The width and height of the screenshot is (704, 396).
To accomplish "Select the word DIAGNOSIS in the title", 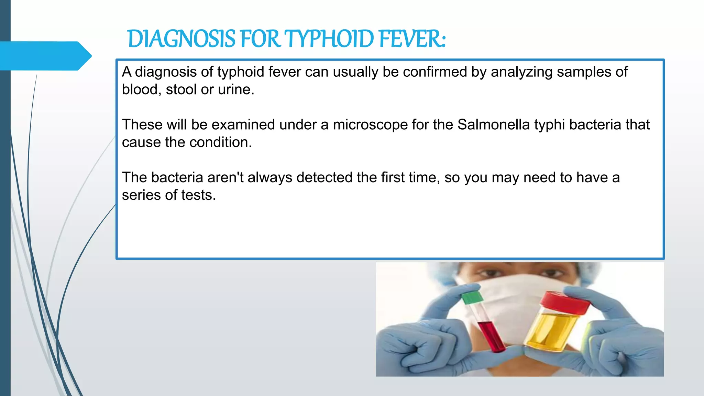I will coord(181,39).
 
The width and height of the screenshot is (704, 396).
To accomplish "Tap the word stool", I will coord(181,90).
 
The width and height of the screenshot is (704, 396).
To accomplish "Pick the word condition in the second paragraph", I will coord(220,142).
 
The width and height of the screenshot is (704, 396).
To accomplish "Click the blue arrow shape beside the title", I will coord(45,56).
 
